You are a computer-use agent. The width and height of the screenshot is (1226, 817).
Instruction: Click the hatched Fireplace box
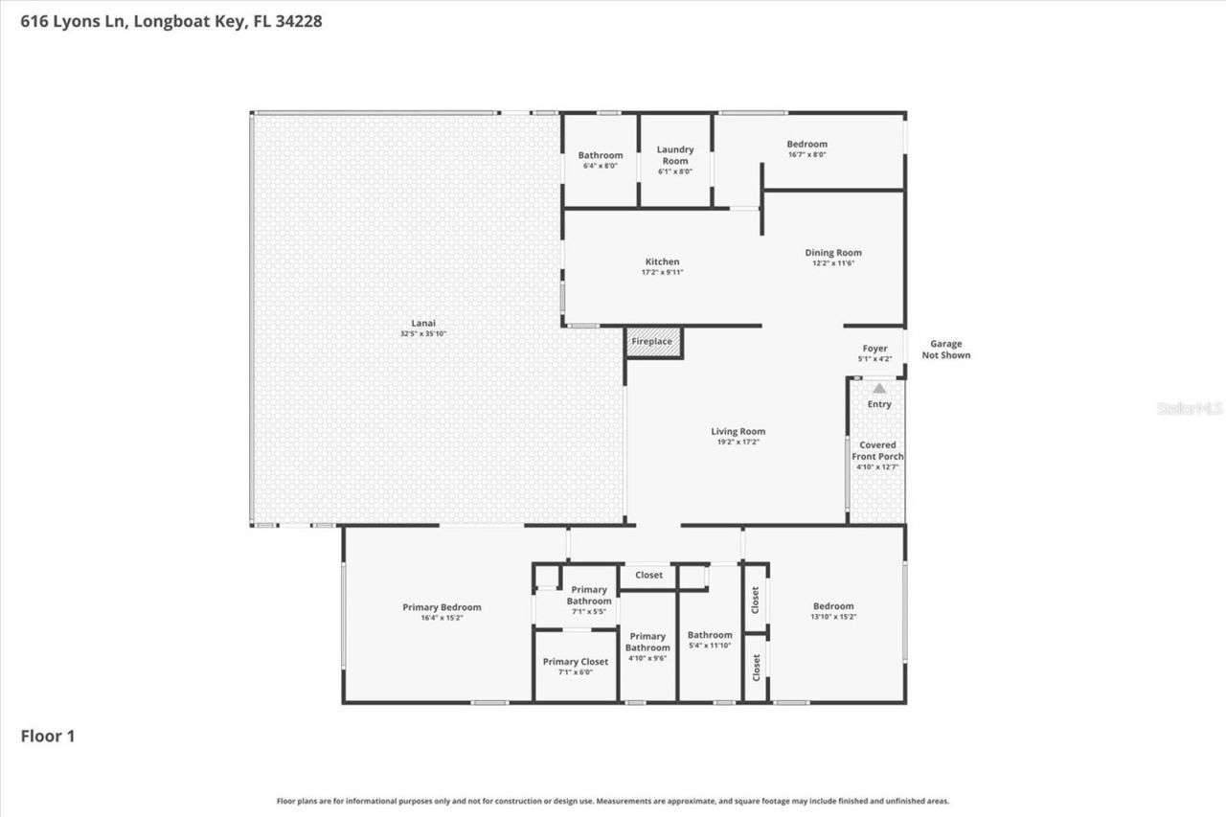[653, 342]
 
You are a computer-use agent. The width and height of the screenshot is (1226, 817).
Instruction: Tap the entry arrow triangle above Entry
[879, 388]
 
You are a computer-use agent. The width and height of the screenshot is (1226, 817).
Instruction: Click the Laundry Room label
[675, 155]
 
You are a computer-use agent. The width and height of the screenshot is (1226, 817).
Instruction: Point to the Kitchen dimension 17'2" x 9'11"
[662, 272]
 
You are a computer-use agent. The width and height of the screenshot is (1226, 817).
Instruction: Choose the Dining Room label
[832, 253]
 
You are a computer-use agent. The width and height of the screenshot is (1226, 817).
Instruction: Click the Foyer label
[874, 349]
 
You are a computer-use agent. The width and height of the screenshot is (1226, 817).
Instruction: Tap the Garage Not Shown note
[945, 350]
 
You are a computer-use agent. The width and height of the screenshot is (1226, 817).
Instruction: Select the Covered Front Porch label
[877, 450]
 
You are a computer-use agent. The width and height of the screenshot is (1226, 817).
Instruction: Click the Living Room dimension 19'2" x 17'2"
[738, 443]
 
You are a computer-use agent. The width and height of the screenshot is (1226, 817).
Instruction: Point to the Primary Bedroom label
[442, 607]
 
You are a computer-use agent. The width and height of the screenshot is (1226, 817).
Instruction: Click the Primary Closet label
[575, 662]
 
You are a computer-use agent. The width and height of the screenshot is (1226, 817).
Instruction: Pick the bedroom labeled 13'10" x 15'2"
[833, 610]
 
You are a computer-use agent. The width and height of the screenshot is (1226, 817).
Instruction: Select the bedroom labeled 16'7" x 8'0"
[806, 148]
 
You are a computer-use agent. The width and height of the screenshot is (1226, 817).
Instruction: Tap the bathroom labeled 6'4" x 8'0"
[601, 160]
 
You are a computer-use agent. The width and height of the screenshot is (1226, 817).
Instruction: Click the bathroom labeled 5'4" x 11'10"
[710, 640]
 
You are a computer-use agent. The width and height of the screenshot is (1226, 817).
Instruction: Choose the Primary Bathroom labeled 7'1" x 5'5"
[589, 600]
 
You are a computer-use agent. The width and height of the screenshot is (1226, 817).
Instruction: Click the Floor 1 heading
[48, 737]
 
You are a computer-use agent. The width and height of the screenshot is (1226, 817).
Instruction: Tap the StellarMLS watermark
[1190, 408]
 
